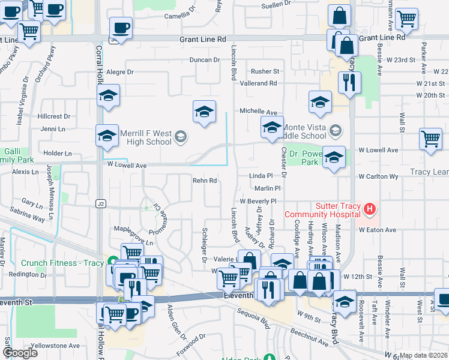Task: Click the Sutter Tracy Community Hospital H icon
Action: [370, 209]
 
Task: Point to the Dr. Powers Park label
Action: [303, 158]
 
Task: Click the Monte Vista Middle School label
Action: [305, 131]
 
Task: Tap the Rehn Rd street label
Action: [204, 181]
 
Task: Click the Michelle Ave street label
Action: [259, 112]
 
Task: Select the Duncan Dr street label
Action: [205, 60]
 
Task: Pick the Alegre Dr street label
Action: [119, 72]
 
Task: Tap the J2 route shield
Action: [100, 204]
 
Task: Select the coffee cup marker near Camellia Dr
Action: [121, 27]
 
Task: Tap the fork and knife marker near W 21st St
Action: [349, 82]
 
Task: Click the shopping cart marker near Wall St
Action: [430, 139]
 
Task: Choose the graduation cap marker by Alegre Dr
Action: [108, 95]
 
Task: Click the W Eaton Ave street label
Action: [378, 230]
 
